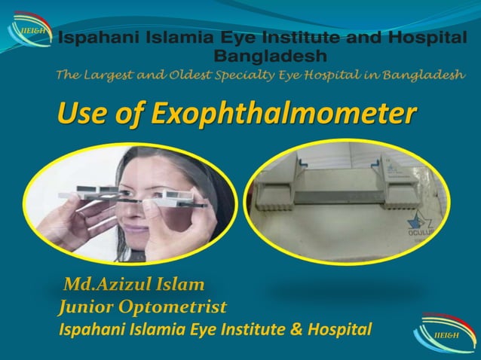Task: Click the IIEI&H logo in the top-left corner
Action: tap(29, 29)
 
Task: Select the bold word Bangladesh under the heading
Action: tap(271, 56)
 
